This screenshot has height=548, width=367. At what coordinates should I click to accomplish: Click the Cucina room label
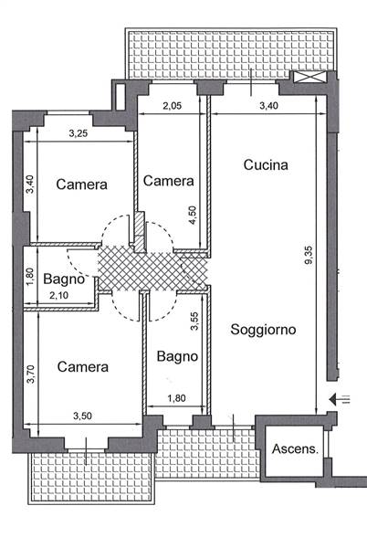266,164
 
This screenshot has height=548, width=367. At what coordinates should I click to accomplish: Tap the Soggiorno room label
263,330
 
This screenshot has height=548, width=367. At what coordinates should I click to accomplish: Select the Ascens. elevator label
295,448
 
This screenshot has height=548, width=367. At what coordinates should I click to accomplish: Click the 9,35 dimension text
309,256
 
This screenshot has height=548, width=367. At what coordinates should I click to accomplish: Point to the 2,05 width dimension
173,106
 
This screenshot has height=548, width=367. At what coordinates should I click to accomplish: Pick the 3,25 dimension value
79,133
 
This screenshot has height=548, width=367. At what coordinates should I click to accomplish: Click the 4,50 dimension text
193,216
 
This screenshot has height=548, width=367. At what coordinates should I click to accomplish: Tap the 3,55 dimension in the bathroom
194,321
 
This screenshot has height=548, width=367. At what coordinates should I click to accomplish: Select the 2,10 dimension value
58,296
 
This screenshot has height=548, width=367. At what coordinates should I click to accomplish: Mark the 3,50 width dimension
82,416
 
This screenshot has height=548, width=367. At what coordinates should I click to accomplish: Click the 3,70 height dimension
31,374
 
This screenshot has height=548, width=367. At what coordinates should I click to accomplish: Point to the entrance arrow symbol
340,399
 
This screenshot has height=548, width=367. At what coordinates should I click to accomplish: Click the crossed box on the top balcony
309,77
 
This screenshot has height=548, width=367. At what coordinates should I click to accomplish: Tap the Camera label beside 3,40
82,184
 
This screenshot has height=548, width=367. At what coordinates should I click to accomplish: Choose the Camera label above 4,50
169,181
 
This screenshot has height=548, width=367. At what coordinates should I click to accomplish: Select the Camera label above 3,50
83,366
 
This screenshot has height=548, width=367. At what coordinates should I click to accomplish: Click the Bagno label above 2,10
64,279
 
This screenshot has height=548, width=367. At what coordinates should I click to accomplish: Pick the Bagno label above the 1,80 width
177,356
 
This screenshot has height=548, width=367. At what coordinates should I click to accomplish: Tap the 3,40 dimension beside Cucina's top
269,106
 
